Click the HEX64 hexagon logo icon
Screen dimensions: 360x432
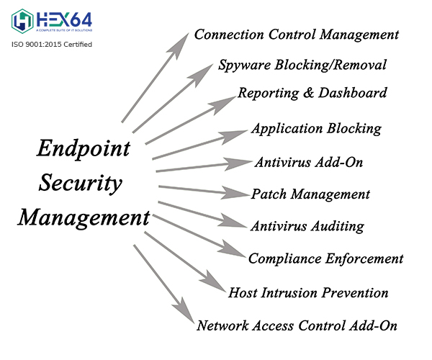click(x=22, y=21)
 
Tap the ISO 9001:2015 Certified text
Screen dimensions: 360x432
click(x=52, y=45)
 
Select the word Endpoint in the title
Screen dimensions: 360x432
click(x=84, y=150)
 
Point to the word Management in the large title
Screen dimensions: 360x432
click(x=84, y=217)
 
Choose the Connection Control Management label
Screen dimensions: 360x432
click(x=297, y=34)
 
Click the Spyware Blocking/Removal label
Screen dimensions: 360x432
click(x=302, y=65)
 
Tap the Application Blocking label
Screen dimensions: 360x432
click(x=316, y=129)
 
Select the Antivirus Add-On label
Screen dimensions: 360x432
click(x=308, y=161)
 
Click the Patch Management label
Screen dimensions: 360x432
click(x=310, y=194)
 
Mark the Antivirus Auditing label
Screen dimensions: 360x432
click(x=307, y=226)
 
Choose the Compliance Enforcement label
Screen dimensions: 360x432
click(x=325, y=258)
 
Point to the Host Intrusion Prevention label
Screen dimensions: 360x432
click(x=308, y=292)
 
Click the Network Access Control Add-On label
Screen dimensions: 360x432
click(x=297, y=325)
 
